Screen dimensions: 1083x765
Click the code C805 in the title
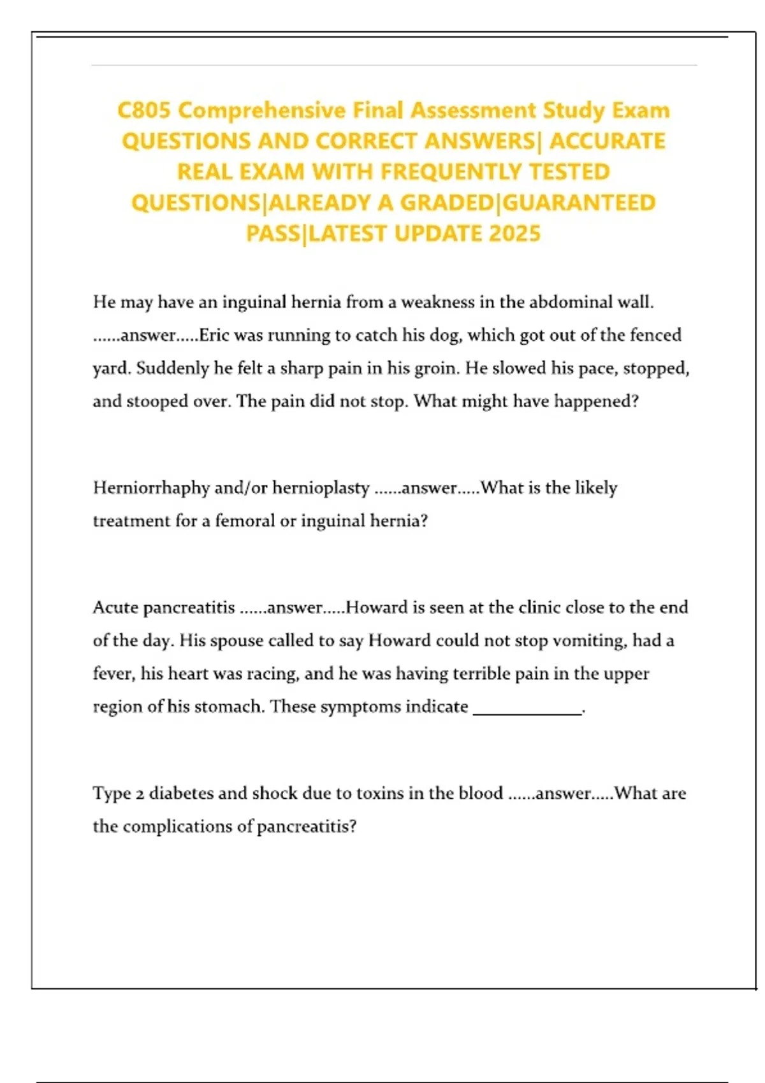[144, 110]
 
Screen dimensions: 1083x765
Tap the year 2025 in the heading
[514, 234]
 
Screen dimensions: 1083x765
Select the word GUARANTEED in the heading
[579, 203]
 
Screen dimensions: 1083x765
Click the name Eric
[214, 335]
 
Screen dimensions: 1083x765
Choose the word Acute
[115, 608]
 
